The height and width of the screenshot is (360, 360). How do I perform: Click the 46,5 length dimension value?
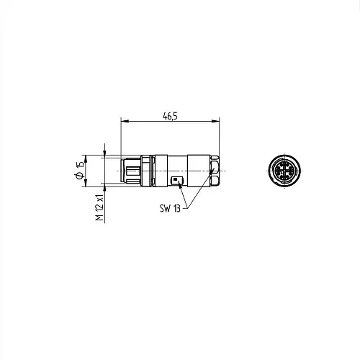point(170,117)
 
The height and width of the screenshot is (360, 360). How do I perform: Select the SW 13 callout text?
point(170,208)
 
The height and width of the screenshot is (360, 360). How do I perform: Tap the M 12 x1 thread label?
point(99,207)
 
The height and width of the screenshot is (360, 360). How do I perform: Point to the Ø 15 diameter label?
point(80,170)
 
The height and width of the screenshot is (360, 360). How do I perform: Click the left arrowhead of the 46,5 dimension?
point(125,121)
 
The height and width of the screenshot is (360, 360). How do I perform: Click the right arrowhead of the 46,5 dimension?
point(215,121)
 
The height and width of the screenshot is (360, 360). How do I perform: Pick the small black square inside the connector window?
point(175,179)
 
